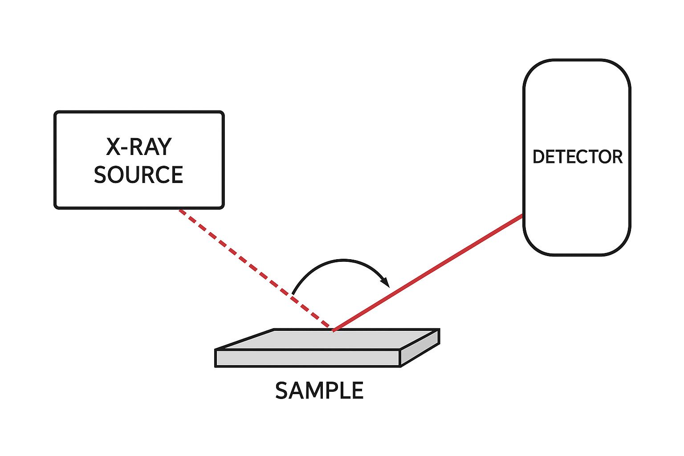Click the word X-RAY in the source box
click(x=138, y=147)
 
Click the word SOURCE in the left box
click(x=138, y=175)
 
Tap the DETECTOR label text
click(x=577, y=157)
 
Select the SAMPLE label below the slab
click(x=319, y=391)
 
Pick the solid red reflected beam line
click(x=427, y=273)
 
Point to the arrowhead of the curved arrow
click(x=386, y=282)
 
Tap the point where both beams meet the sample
click(x=332, y=330)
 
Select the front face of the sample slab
click(x=307, y=358)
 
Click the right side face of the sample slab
click(x=420, y=348)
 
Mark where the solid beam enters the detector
click(x=523, y=215)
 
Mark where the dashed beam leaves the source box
click(x=179, y=209)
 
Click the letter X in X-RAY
click(x=114, y=147)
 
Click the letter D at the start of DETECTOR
click(x=538, y=157)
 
